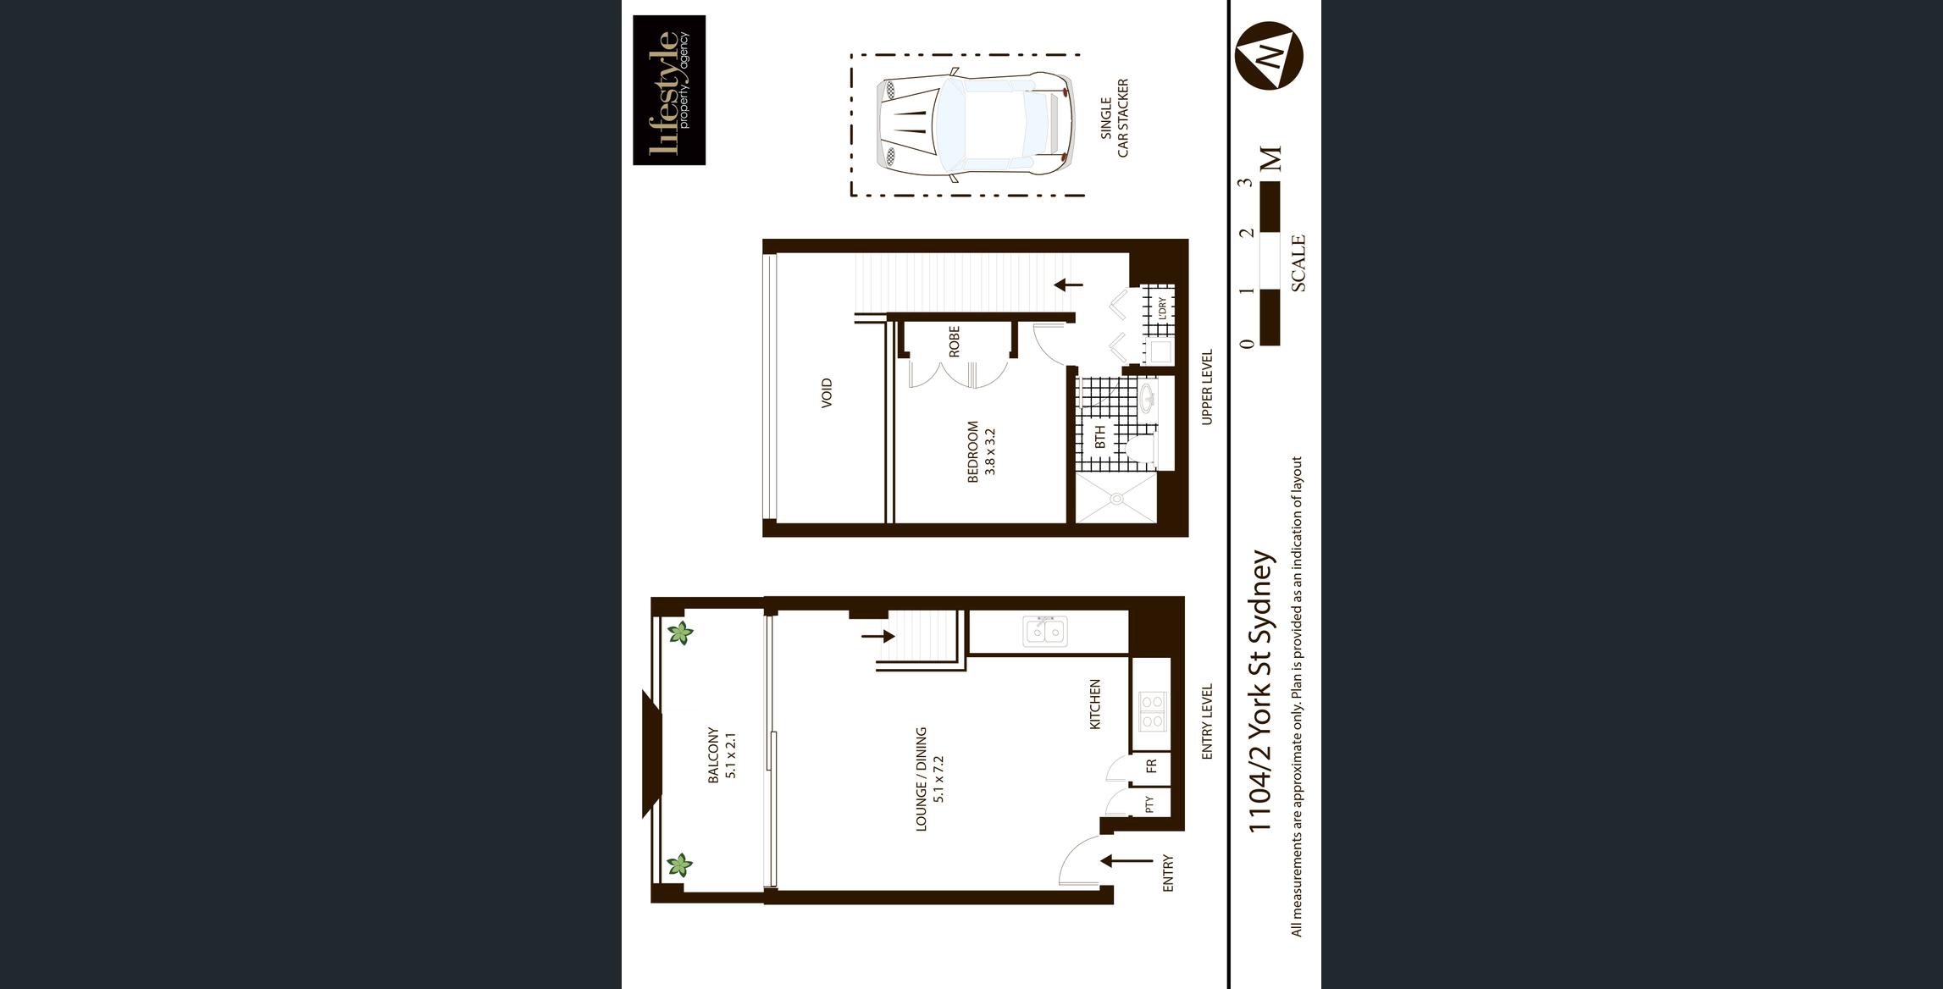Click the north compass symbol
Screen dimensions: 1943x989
click(1269, 56)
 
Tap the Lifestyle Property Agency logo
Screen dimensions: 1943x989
click(669, 90)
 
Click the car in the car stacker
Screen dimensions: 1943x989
click(975, 125)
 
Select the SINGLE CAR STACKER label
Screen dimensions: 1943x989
click(1114, 119)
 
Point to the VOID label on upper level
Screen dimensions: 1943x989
click(827, 393)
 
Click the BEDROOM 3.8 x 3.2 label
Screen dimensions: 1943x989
click(982, 451)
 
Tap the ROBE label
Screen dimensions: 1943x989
click(955, 341)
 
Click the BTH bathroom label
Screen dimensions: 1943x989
click(1099, 437)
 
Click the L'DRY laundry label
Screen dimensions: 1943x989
click(1162, 307)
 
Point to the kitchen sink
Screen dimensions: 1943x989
click(1045, 632)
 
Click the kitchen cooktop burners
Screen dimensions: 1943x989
click(1152, 711)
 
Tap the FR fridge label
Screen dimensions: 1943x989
click(1151, 767)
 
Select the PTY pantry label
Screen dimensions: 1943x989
click(1149, 804)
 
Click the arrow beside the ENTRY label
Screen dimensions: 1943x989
click(1126, 861)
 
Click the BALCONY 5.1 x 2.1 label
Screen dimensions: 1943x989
click(722, 755)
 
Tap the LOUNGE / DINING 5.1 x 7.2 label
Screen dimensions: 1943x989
click(929, 779)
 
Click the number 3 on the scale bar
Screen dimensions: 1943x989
click(1245, 182)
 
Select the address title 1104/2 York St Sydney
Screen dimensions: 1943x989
click(1261, 691)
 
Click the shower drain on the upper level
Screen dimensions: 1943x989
click(1116, 500)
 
